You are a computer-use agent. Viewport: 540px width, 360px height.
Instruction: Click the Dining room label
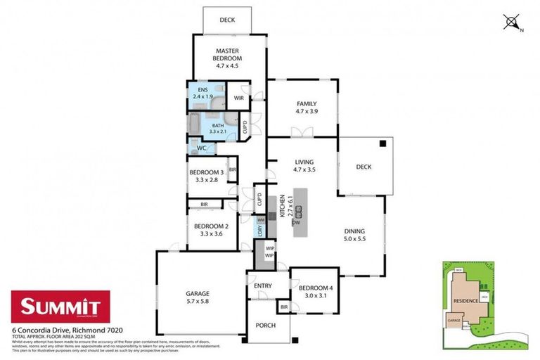[354, 235]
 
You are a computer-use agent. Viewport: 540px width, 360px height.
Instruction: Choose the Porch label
[265, 326]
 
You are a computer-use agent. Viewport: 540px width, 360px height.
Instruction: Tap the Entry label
[263, 285]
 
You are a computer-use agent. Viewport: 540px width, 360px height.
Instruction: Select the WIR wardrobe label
[238, 98]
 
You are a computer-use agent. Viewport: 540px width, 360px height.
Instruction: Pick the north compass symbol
[511, 22]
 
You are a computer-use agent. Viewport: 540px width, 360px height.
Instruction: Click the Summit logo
[60, 307]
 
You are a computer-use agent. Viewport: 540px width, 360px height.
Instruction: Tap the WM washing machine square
[260, 220]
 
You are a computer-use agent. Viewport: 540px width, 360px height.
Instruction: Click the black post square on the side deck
[383, 143]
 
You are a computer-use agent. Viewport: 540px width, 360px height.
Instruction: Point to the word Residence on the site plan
[465, 301]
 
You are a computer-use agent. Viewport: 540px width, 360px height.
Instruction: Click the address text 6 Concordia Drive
[48, 329]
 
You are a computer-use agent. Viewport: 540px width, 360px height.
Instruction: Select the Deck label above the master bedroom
[227, 20]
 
